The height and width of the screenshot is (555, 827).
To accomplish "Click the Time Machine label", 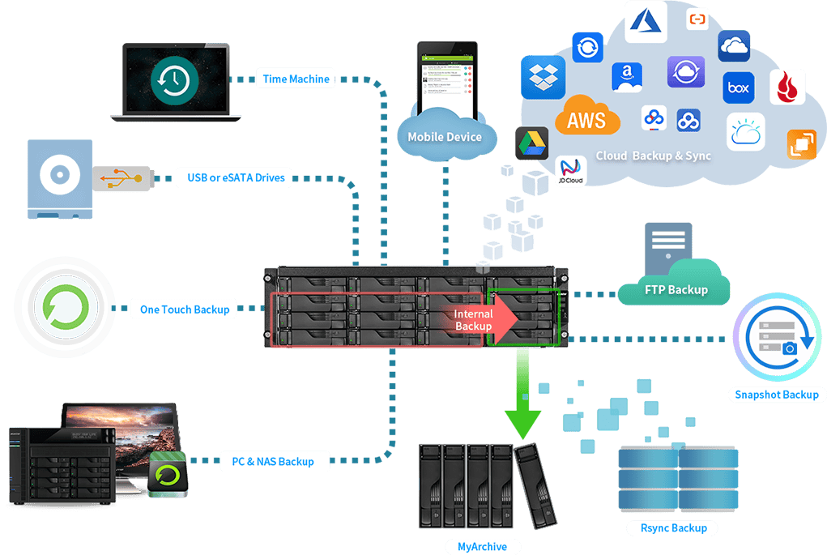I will point(296,79).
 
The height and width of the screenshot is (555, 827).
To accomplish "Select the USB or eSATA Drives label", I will point(236,177).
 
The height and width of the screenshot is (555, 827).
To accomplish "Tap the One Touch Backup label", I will point(185,309).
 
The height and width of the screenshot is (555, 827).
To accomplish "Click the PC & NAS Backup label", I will point(273,461).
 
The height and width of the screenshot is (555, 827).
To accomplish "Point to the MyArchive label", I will point(482,547).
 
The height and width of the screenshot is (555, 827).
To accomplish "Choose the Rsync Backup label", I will point(673,528).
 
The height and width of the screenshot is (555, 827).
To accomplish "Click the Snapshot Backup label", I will point(777,395).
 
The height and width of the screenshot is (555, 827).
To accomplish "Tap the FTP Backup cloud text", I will point(676,289).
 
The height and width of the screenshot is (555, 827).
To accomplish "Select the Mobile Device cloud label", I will point(445,136).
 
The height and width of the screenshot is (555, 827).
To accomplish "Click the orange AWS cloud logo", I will point(586,118).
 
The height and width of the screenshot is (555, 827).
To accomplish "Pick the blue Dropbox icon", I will point(542,77).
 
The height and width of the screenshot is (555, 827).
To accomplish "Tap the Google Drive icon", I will point(532,143).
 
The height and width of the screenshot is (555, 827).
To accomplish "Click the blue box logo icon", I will point(738,88).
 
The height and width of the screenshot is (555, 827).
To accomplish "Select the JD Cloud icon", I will point(572,171).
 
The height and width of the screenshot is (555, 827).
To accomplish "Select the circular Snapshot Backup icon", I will point(778,339).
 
